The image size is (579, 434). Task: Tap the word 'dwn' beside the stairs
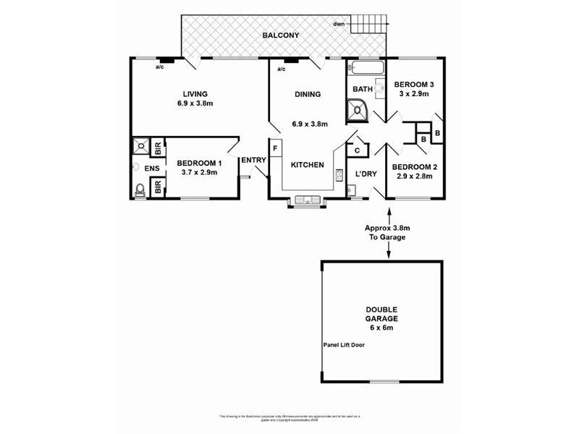coord(339,25)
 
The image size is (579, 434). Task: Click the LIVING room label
coord(195,94)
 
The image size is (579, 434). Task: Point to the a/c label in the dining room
coord(280,69)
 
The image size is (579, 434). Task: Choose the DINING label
coord(307,95)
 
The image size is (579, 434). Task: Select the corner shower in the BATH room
coord(358,110)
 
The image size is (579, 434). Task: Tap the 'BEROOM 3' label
coord(412,84)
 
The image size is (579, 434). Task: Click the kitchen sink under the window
coord(308,200)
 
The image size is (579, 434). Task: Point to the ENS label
coord(151,169)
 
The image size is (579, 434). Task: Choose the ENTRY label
coord(253,161)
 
